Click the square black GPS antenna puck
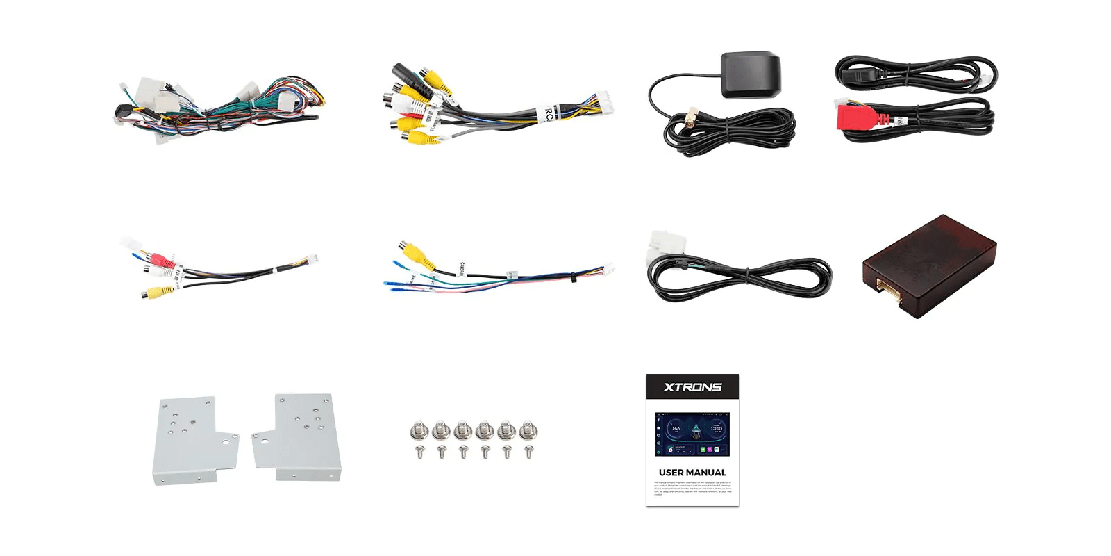751,74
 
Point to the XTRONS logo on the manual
692,387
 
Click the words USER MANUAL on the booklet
692,473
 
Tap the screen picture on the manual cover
692,434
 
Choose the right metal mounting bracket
301,437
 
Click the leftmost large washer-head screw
419,431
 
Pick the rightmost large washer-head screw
528,431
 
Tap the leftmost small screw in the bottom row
419,452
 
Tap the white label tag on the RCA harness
547,113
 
